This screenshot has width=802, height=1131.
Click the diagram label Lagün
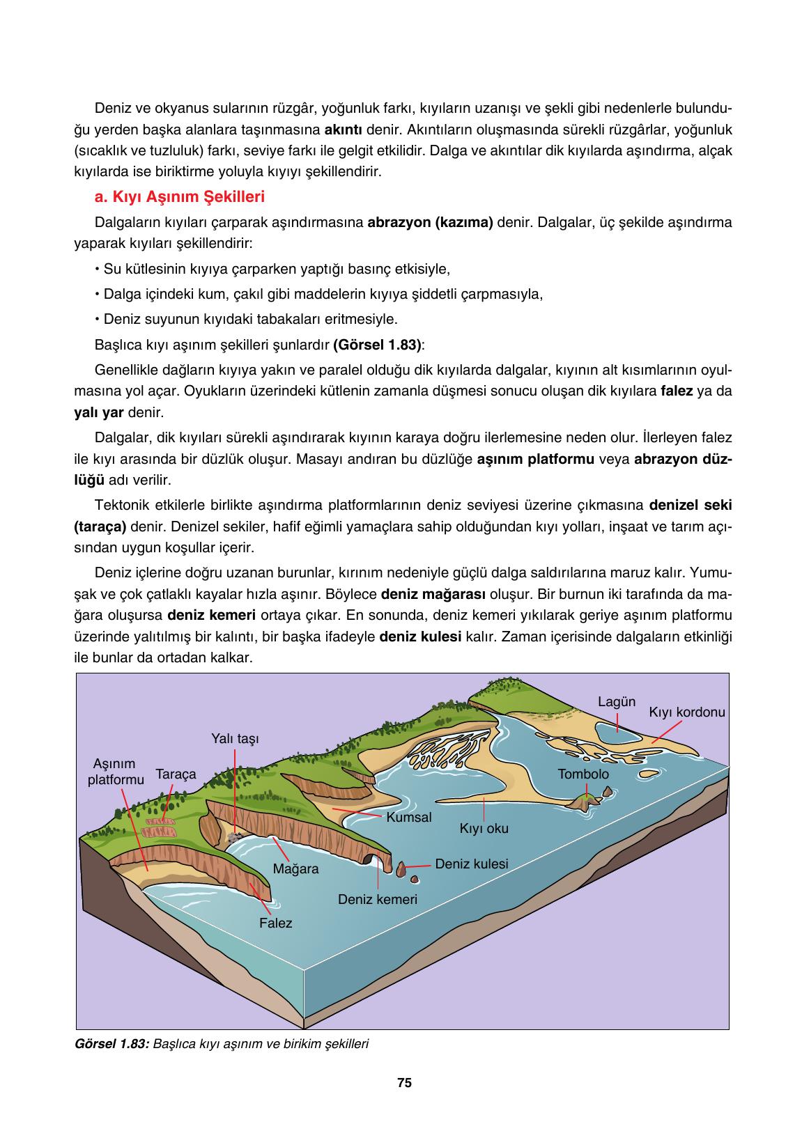[617, 701]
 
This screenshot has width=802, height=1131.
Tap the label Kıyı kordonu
[687, 712]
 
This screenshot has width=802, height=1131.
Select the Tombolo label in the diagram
[583, 774]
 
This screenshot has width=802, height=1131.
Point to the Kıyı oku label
[484, 829]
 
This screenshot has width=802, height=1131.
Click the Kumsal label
[409, 817]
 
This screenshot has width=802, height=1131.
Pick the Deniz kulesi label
[471, 864]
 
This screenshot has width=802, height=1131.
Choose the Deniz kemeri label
[377, 899]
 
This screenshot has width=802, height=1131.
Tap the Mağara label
[295, 869]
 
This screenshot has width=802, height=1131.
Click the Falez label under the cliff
[275, 923]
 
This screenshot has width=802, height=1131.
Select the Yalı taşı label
[235, 738]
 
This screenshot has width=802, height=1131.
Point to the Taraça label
[176, 774]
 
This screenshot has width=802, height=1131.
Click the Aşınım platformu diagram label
[116, 772]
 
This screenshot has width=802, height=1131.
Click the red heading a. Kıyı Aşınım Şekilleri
[179, 197]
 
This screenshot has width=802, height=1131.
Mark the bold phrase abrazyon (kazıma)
[430, 223]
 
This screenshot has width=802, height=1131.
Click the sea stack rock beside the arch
[401, 869]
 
